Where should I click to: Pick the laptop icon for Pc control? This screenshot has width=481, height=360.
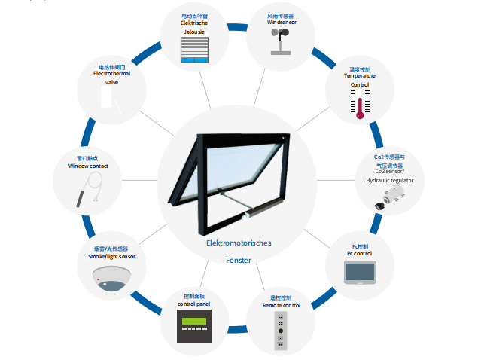click(361, 273)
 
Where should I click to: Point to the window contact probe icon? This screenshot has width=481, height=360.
click(89, 189)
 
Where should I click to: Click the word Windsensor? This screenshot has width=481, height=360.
click(282, 23)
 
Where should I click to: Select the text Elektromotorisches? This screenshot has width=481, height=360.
click(239, 243)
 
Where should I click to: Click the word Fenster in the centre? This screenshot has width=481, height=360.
click(239, 260)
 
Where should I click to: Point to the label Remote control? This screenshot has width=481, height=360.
click(281, 305)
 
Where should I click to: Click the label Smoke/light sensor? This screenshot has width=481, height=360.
click(111, 257)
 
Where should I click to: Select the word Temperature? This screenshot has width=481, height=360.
click(360, 76)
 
